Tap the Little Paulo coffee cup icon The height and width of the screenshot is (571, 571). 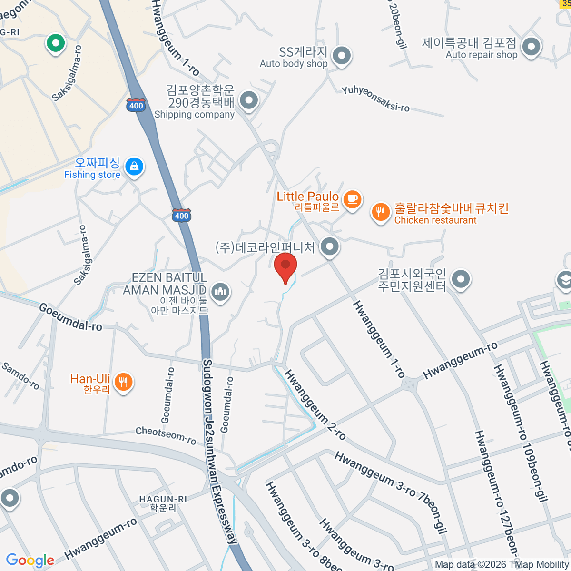352,199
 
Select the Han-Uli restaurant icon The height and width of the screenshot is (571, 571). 123,382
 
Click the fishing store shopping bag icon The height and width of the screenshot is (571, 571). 134,167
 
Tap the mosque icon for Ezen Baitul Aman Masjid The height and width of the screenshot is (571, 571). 220,291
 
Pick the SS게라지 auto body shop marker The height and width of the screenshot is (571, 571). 341,56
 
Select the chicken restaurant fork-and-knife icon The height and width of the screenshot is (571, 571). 380,212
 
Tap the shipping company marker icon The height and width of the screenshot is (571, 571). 248,100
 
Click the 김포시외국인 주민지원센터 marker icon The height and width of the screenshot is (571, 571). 460,279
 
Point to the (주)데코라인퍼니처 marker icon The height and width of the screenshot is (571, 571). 329,246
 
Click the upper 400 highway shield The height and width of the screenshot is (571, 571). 136,105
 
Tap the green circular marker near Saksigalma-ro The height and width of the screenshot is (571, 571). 56,43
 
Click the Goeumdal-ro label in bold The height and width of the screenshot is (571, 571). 70,317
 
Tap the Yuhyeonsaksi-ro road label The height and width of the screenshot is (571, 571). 375,99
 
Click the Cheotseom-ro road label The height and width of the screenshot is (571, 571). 166,435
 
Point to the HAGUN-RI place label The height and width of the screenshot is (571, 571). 163,499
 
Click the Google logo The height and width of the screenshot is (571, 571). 30,560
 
